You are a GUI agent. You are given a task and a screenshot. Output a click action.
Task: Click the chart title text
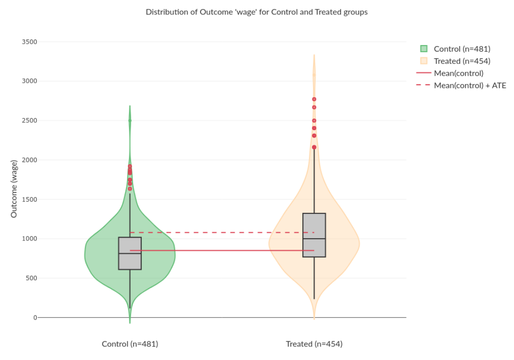[x=256, y=12]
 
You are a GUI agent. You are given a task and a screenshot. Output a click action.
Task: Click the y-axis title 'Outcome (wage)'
[x=14, y=188]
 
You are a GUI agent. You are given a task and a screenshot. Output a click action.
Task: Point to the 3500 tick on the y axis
[x=29, y=42]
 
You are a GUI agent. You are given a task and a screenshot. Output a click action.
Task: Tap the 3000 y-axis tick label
[x=29, y=81]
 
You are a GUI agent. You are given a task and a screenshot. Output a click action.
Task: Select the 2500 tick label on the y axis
[x=29, y=120]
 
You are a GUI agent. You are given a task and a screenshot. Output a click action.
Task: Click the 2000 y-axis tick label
[x=29, y=160]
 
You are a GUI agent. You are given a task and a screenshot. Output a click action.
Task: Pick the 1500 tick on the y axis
[x=29, y=200]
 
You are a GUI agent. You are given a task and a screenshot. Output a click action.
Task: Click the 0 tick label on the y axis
[x=35, y=318]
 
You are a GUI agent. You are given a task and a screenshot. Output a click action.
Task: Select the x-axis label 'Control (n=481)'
[x=130, y=344]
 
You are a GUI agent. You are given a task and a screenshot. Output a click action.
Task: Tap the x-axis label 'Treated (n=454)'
[x=314, y=344]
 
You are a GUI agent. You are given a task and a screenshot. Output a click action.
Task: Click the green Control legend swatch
[x=424, y=49]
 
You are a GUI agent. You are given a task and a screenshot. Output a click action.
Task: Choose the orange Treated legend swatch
[x=424, y=61]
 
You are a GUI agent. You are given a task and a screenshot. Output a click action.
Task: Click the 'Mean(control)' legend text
[x=458, y=73]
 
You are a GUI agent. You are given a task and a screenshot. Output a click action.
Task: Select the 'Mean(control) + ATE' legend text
[x=470, y=86]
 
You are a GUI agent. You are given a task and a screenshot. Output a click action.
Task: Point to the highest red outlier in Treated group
[x=314, y=99]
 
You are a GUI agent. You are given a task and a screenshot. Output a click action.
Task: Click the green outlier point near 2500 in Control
[x=130, y=120]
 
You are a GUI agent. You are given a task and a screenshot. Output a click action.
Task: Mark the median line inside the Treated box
[x=314, y=239]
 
